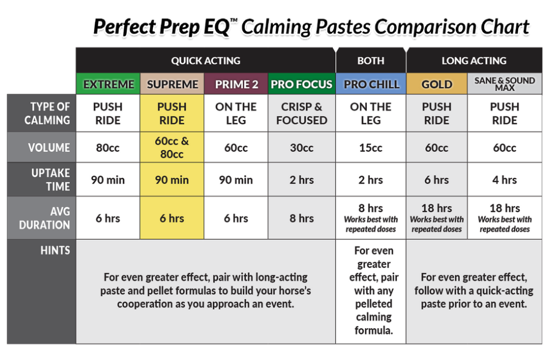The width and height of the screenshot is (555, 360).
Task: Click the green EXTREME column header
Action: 108,84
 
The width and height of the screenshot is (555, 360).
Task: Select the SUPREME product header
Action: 172,84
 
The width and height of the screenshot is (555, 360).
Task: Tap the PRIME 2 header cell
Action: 236,84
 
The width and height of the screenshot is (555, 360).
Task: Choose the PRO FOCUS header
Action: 302,84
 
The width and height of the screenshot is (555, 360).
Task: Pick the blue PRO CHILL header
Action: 371,84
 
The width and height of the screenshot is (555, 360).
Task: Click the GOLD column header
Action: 437,84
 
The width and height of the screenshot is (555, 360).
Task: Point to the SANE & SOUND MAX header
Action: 504,84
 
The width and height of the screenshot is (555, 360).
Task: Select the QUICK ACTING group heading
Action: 205,60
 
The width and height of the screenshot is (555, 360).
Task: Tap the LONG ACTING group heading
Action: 474,60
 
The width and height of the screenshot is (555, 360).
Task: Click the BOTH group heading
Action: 371,60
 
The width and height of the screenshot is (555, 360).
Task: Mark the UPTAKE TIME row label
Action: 50,179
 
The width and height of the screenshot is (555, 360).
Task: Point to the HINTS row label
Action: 55,250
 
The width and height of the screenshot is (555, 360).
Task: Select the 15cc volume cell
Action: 371,148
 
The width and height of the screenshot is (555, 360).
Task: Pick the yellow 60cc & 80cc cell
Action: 172,148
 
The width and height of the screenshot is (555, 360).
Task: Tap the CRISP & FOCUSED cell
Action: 302,114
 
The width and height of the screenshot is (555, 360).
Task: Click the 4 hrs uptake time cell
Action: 504,179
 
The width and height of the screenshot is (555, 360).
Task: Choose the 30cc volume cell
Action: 302,148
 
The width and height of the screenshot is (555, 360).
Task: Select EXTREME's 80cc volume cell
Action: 108,148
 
